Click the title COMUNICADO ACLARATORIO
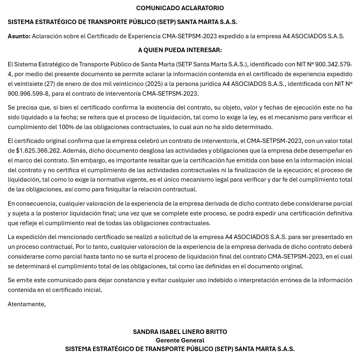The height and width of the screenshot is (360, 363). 180,8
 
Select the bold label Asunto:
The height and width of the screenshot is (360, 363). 19,36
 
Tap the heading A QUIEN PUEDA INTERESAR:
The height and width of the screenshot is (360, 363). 180,50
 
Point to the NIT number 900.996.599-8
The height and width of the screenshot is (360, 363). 28,94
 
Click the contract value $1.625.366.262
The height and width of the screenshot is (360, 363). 38,151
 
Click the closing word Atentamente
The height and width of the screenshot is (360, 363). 26,304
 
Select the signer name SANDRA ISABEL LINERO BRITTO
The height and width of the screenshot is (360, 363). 180,332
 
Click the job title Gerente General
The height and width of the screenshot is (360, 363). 180,340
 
